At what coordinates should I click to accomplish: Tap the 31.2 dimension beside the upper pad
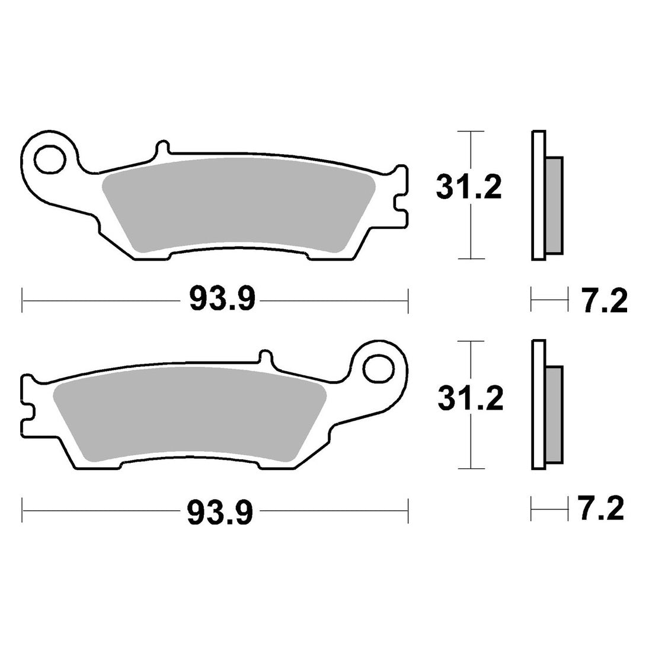[x=469, y=187]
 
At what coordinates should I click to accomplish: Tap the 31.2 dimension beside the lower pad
[x=470, y=398]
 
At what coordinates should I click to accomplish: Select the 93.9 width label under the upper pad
[x=222, y=298]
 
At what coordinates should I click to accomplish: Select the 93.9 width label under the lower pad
[x=220, y=512]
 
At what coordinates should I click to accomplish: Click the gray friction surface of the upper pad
[x=239, y=204]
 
